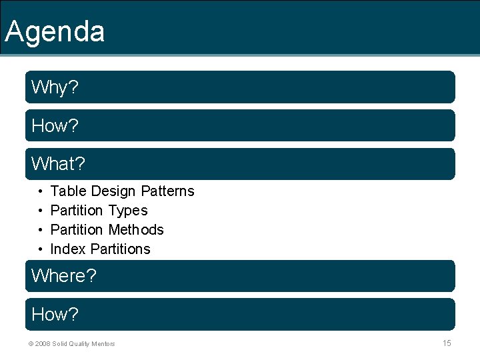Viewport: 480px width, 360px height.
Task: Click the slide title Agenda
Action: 55,31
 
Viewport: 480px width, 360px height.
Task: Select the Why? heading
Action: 54,87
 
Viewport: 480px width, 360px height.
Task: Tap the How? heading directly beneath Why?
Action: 55,126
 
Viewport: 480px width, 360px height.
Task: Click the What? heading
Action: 59,164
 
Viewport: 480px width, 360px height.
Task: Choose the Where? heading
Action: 64,275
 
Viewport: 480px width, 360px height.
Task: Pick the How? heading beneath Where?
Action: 55,314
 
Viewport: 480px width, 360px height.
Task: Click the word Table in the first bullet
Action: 69,191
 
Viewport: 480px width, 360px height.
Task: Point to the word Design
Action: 113,191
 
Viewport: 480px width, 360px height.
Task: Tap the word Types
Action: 128,211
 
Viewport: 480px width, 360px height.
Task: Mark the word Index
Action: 68,249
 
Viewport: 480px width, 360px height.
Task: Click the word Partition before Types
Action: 77,211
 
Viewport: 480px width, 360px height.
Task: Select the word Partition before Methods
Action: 77,230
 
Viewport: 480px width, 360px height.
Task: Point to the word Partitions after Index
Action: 121,249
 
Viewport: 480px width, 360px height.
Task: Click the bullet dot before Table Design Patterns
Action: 41,192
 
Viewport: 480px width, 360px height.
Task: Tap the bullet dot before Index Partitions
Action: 41,250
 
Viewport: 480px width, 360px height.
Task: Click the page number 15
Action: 447,343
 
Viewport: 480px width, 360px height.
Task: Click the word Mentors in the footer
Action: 103,344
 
